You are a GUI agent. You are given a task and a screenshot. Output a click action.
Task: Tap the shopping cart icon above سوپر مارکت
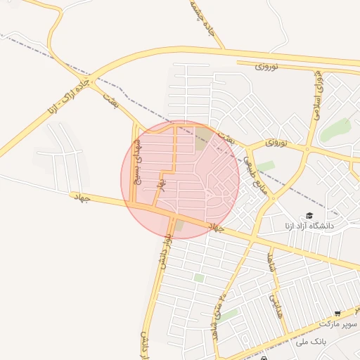337,314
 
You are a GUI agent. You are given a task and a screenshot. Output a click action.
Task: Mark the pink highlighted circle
180,179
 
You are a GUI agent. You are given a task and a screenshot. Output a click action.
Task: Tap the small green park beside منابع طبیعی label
265,167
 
